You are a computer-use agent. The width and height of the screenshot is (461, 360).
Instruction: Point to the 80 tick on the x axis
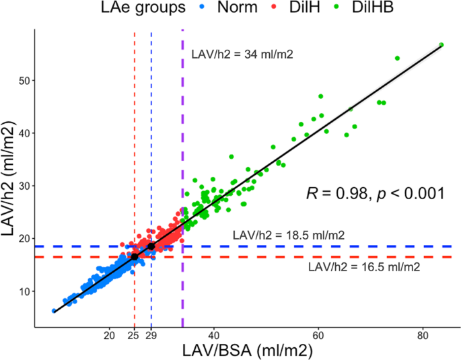423,334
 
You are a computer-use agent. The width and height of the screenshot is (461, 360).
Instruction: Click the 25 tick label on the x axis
135,334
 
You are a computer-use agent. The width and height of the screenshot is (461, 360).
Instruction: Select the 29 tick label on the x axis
152,334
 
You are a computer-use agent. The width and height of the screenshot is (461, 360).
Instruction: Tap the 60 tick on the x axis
318,334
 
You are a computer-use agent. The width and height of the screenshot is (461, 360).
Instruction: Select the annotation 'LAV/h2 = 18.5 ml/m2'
289,236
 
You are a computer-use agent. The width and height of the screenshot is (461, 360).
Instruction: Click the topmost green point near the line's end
441,45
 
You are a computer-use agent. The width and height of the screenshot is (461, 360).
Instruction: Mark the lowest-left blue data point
54,311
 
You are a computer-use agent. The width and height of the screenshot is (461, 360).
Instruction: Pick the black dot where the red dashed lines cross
135,257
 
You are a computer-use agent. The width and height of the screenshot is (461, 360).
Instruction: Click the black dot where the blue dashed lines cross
151,246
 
